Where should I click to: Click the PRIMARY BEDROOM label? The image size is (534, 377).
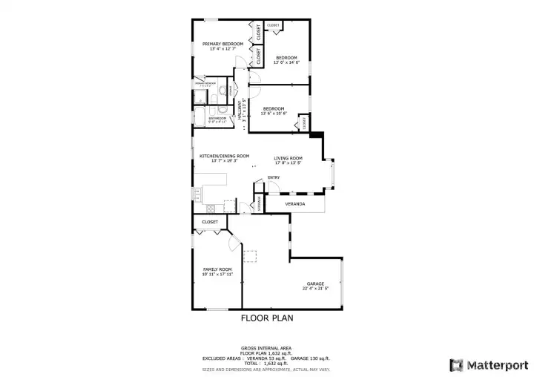click(222, 44)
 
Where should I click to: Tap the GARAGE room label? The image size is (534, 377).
click(315, 283)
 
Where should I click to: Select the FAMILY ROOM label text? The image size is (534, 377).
click(217, 269)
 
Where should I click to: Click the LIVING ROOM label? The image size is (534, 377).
click(288, 158)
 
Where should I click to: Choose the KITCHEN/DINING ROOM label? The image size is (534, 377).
click(224, 156)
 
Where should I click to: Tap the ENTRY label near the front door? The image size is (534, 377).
click(274, 177)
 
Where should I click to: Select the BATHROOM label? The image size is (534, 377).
click(217, 118)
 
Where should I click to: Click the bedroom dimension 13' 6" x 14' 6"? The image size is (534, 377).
click(286, 62)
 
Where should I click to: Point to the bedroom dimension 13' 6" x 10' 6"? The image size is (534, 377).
click(273, 114)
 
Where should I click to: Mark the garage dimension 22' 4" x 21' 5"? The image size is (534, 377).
click(315, 289)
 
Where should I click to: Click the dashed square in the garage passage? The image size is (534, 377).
click(251, 257)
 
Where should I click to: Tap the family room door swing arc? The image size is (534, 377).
click(235, 242)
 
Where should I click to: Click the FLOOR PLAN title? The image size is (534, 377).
click(267, 318)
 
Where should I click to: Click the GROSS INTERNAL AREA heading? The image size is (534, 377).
click(266, 348)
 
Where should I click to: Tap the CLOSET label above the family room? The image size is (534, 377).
click(210, 222)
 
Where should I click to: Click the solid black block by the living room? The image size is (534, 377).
click(316, 134)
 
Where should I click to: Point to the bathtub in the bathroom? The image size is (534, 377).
click(201, 118)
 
